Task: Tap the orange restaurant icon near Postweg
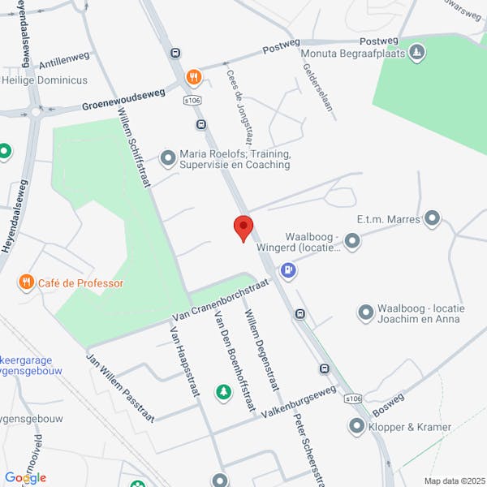tap(193, 78)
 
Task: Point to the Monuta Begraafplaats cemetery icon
tap(416, 54)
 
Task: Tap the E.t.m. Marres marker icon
tap(432, 218)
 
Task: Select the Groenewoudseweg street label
tap(123, 101)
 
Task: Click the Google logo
tap(25, 477)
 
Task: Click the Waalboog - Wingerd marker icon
tap(351, 240)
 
